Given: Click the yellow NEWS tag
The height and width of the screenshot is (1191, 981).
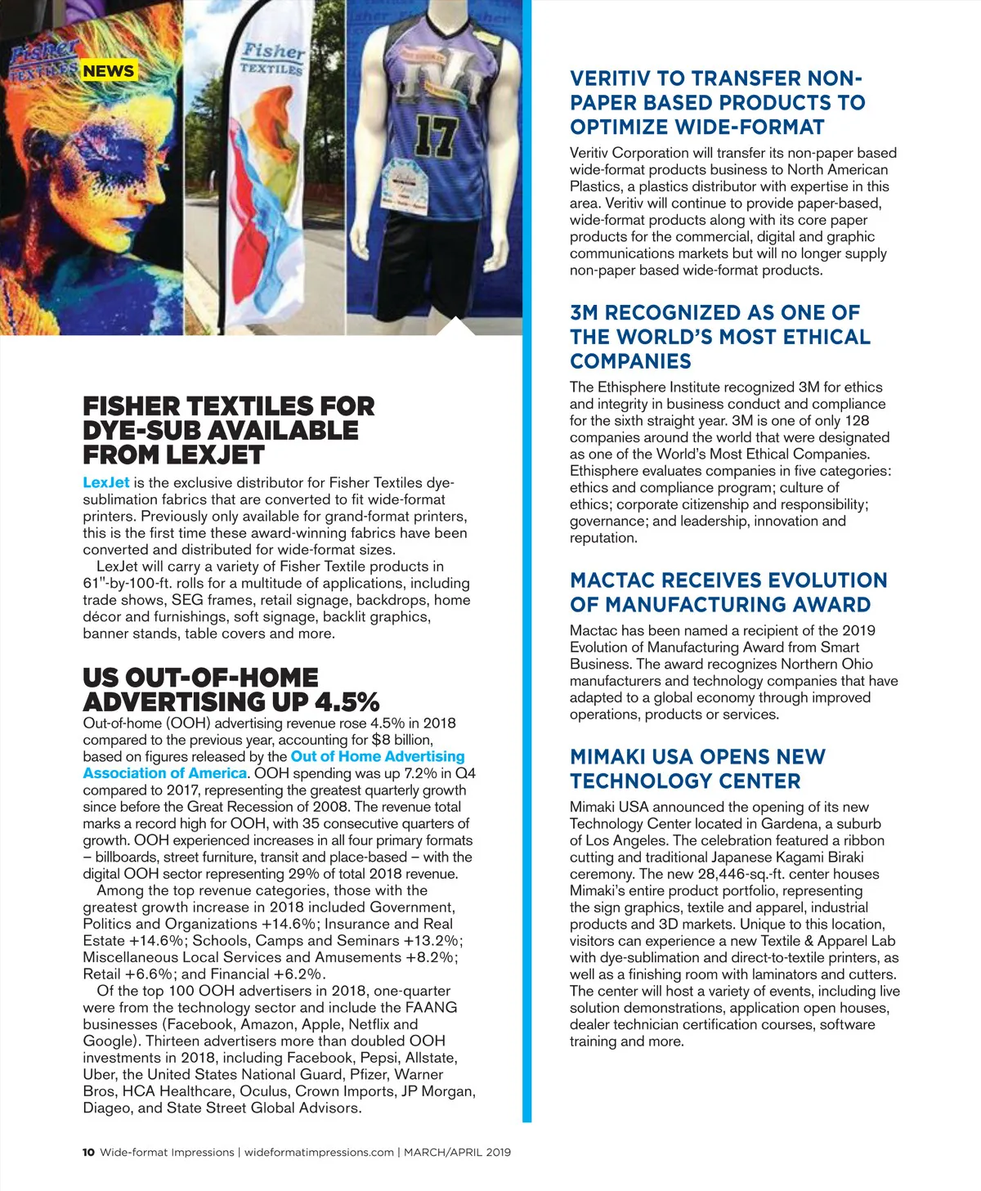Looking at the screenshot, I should pos(108,71).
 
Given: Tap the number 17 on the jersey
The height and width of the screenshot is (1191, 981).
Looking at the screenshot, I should pos(435,137).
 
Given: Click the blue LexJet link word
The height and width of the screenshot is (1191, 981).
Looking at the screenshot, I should pos(106,482).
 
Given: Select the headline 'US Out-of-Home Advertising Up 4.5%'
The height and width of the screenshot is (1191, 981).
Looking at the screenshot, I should pos(231,689).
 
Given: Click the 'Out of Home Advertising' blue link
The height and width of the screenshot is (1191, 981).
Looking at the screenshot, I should pos(378,756).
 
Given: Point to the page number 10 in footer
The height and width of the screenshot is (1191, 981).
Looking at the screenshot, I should pos(88,1152).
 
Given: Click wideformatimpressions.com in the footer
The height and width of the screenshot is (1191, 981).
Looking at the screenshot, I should pos(319,1152).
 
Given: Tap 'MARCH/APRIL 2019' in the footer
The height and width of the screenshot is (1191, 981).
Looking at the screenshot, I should pos(457,1152).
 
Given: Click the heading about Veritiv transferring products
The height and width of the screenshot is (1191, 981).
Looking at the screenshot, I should pos(717,102).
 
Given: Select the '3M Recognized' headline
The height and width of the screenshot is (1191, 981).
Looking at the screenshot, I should pos(719,337).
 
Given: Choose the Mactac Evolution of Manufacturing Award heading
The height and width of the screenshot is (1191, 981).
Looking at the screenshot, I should pos(728,592).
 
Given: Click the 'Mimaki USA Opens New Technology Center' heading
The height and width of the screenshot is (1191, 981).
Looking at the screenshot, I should pos(697,768).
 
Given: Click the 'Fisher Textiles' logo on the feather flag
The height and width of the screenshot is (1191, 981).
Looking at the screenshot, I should pos(272,58).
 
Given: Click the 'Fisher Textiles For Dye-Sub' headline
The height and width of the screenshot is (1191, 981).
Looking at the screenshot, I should pos(228,430).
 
